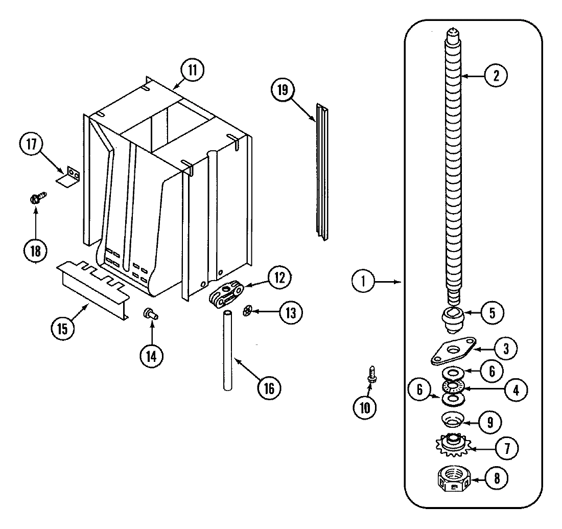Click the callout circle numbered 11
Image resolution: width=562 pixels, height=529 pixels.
click(x=192, y=71)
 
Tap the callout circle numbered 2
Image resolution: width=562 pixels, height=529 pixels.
click(x=496, y=76)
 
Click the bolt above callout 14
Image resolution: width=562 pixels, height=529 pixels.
click(x=151, y=313)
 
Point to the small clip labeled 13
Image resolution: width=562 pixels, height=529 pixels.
click(x=248, y=310)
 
